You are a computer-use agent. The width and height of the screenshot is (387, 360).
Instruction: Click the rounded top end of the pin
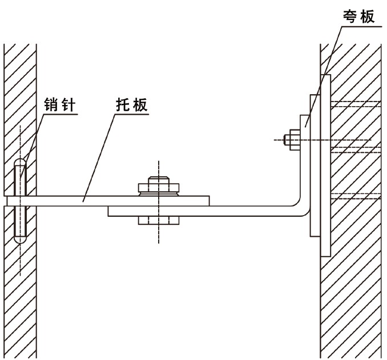pos(20,163)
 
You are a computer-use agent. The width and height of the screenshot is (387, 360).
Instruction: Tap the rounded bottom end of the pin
pos(20,240)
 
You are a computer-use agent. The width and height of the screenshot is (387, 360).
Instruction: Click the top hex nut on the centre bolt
pos(159,187)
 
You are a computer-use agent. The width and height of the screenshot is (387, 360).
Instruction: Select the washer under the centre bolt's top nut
pos(159,193)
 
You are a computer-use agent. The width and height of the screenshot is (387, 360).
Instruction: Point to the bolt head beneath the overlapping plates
pos(159,220)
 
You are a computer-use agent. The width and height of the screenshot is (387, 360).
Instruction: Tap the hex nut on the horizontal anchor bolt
pos(293,140)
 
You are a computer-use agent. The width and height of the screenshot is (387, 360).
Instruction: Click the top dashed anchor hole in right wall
pos(354,104)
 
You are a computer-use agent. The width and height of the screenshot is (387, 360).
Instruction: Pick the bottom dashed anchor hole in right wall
pos(354,197)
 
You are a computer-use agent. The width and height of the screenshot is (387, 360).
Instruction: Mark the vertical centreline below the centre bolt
pos(159,237)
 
